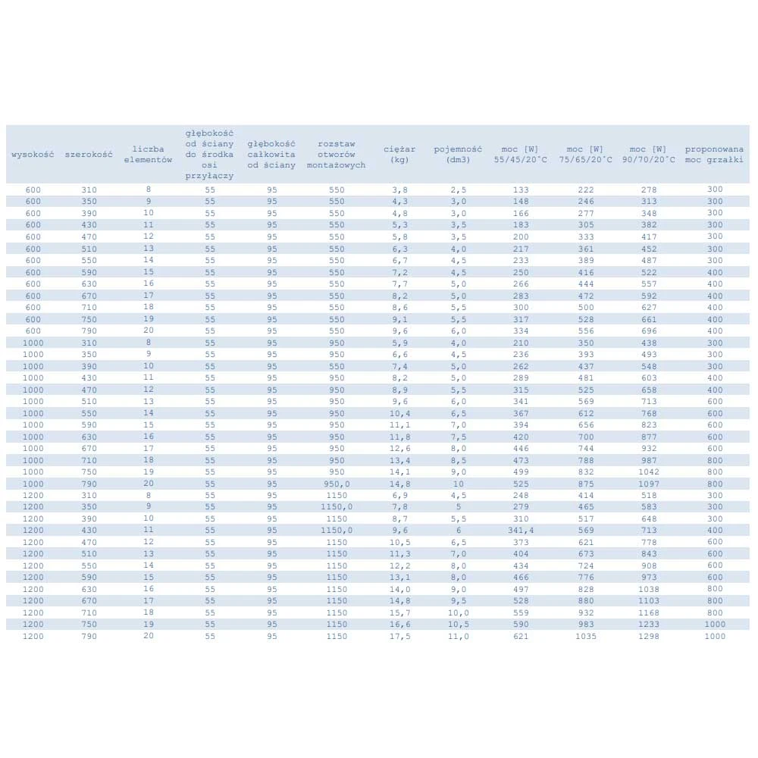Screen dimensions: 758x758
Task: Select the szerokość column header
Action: pos(89,154)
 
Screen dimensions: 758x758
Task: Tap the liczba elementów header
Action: pos(148,154)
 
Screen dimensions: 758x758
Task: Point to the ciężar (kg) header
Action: pos(399,154)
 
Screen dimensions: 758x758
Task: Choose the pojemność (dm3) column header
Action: pos(458,154)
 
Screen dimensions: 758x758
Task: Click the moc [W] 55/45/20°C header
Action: pos(520,154)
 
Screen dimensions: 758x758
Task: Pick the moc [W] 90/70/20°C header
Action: pos(648,154)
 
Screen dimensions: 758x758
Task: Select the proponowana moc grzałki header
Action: pos(714,154)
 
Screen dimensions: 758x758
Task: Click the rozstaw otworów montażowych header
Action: pos(337,154)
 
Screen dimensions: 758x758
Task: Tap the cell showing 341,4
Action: pos(520,531)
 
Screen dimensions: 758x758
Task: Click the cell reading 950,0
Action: pos(337,484)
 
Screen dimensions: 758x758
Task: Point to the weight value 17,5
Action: pos(399,636)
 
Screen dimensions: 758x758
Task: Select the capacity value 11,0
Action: pos(458,636)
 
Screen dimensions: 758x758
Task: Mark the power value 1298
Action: pos(648,636)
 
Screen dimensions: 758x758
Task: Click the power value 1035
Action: pos(585,636)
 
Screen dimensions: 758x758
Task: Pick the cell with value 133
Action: pos(520,189)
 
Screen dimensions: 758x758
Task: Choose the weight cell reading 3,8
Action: pos(399,189)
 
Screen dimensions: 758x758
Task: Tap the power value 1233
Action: pos(648,625)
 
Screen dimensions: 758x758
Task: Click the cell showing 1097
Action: pos(648,484)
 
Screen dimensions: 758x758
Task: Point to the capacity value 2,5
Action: pos(458,189)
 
